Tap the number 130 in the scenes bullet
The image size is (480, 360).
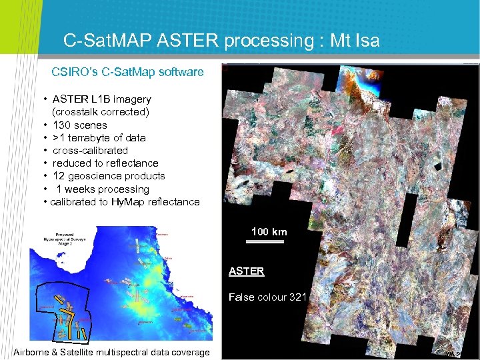coord(62,125)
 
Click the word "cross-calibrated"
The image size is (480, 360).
coord(90,150)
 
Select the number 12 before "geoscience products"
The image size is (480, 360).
coord(59,175)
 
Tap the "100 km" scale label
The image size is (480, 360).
coord(269,231)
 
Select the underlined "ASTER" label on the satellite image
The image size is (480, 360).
coord(246,271)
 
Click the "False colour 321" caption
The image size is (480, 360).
coord(267,297)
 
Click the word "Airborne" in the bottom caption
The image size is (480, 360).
coord(34,352)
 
